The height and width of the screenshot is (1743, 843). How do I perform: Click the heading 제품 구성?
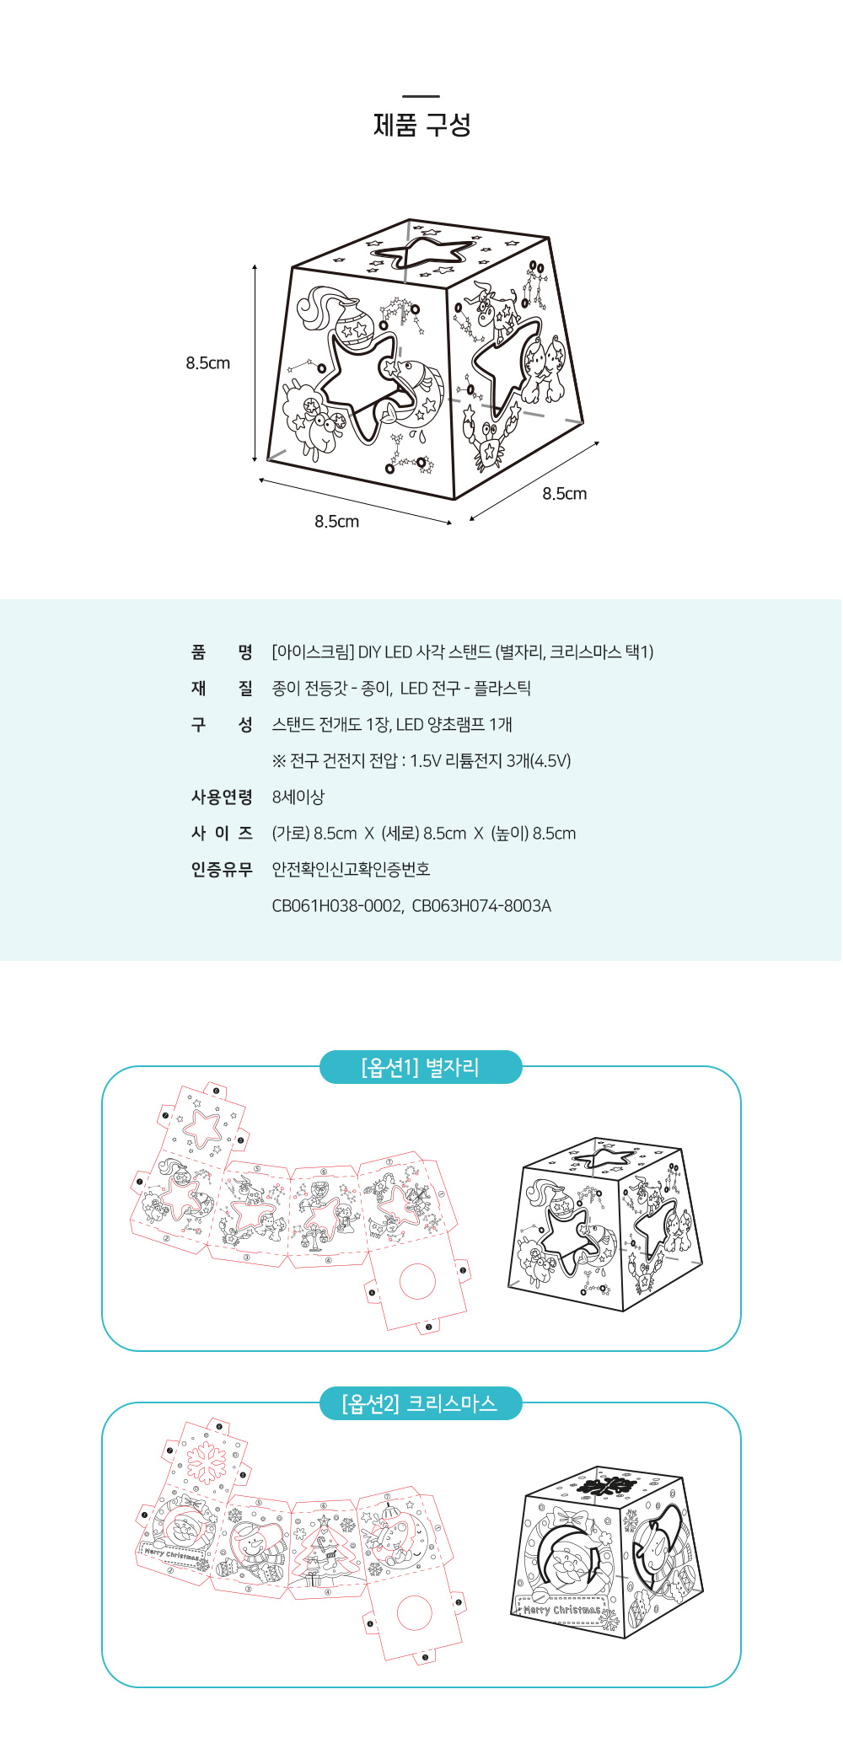pos(421,126)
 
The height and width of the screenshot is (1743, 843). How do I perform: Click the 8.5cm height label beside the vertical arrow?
pos(208,363)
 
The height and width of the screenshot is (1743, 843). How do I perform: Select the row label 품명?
pos(222,652)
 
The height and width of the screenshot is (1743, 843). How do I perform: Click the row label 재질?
pos(222,688)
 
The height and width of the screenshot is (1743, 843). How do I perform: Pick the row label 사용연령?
pos(222,796)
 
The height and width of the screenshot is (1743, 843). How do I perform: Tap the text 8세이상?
pos(298,796)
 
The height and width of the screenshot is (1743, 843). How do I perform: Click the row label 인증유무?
pos(222,869)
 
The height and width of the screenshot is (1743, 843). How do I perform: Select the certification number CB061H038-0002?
pos(336,906)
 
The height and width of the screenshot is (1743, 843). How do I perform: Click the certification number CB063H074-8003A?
pos(481,906)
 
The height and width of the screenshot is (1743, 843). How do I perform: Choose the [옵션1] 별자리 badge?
pos(421,1067)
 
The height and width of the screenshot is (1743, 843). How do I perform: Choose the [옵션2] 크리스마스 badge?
pos(421,1403)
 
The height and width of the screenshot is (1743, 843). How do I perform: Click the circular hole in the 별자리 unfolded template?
pos(417,1281)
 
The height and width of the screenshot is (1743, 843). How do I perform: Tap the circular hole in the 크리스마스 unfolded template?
pos(414,1613)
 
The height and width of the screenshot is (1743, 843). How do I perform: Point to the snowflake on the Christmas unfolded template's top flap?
pos(204,1463)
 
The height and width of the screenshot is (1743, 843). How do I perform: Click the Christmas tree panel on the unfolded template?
pos(325,1549)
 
